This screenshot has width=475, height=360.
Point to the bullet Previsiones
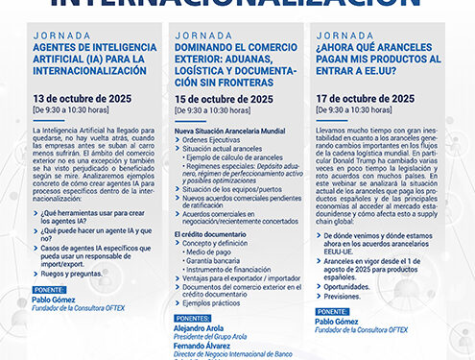tap(343, 296)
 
